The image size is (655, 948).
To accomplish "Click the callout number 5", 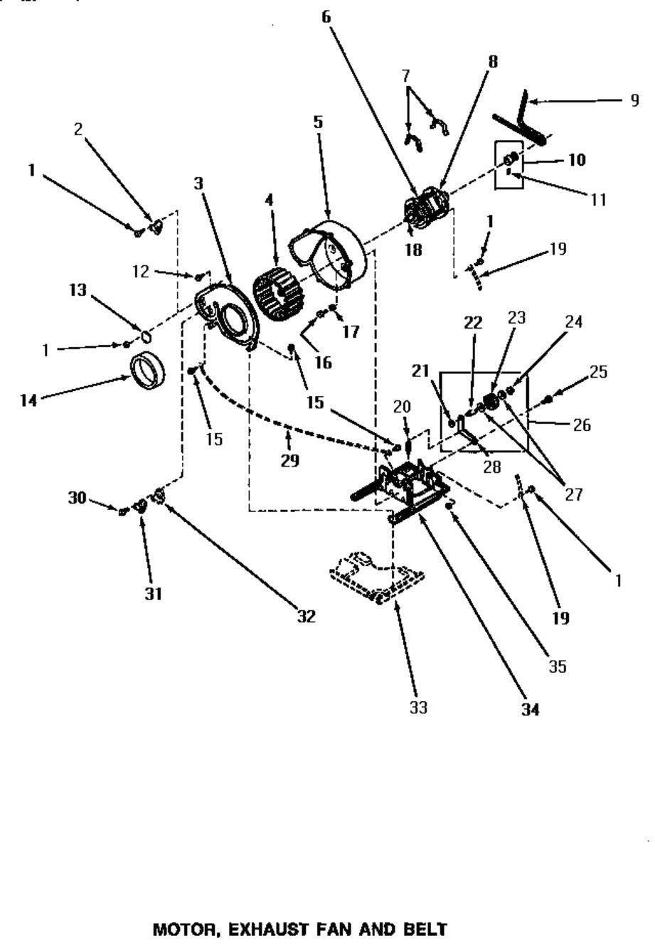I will (318, 122).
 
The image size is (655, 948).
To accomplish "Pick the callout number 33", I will (419, 708).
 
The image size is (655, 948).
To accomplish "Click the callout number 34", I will (530, 709).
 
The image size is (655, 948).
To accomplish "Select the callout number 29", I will (289, 461).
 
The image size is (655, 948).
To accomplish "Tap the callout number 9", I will (634, 100).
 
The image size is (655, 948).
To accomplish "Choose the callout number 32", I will (306, 617).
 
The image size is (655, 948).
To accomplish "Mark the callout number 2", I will (78, 129).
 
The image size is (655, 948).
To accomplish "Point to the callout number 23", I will (516, 317).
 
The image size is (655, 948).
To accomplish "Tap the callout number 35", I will (558, 666).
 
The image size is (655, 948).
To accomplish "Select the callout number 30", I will (77, 498).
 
